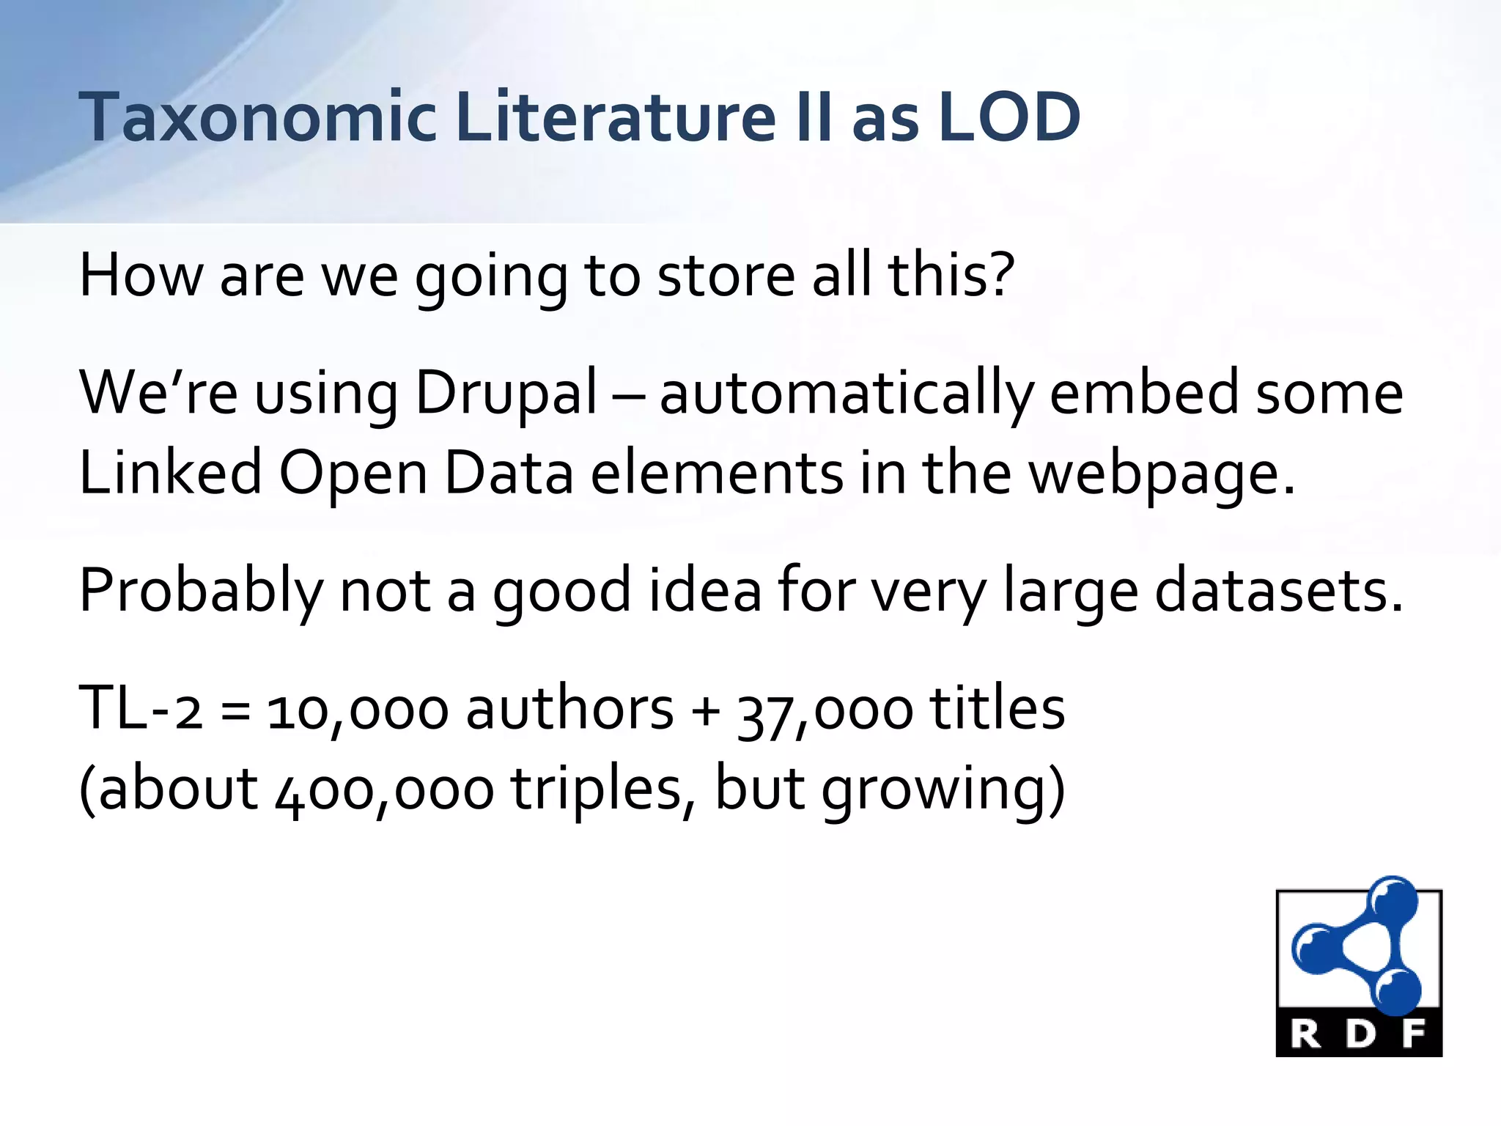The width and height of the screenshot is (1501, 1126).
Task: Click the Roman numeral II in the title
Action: pyautogui.click(x=814, y=117)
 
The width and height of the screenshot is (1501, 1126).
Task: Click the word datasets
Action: pyautogui.click(x=1278, y=591)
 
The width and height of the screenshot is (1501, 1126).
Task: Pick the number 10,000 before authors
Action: pyautogui.click(x=357, y=711)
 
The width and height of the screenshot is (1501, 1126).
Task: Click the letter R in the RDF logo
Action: pyautogui.click(x=1305, y=1035)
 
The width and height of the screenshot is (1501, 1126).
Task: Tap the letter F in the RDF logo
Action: pyautogui.click(x=1414, y=1035)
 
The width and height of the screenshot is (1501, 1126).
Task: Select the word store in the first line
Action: pyautogui.click(x=726, y=276)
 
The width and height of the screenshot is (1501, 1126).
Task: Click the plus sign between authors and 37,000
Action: pyautogui.click(x=706, y=711)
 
